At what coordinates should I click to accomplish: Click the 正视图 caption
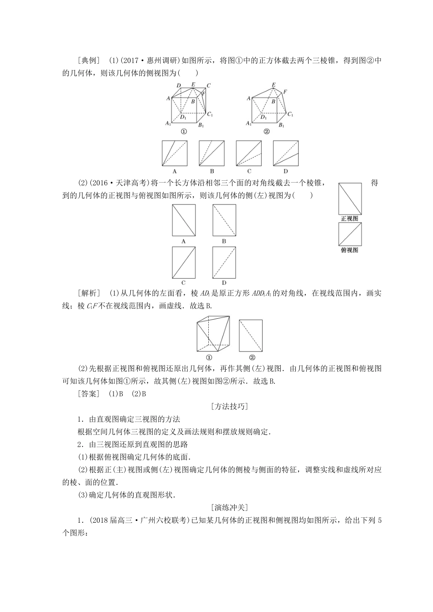coord(350,219)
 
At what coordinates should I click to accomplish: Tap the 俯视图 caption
coord(350,250)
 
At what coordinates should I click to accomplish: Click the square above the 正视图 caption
coord(350,199)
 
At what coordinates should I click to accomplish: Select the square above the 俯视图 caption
coord(350,234)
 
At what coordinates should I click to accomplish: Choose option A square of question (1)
coord(175,153)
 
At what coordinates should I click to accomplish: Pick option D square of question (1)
coord(286,153)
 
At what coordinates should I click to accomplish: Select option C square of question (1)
coord(249,153)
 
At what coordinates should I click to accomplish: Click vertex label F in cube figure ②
coord(285,92)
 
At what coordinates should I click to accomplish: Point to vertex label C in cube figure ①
coord(208,85)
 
